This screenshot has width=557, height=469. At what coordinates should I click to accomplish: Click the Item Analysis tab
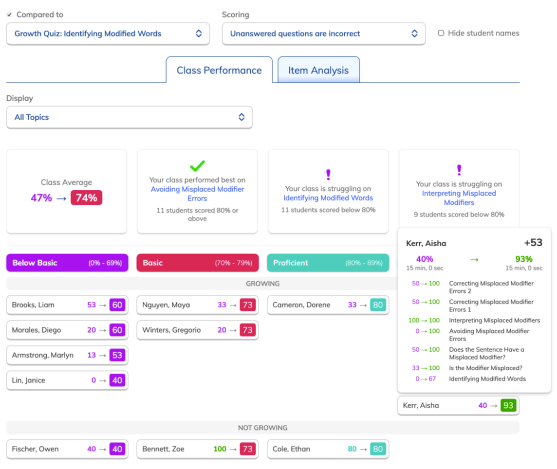click(x=318, y=70)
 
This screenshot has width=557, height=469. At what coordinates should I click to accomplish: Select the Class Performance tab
click(x=219, y=70)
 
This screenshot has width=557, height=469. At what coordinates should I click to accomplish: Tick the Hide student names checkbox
click(x=441, y=33)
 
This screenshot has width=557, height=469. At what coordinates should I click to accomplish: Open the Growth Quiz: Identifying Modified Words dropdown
click(x=108, y=34)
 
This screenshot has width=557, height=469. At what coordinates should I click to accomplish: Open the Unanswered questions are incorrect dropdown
click(x=324, y=34)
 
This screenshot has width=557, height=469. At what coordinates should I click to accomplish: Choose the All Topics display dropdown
click(x=130, y=117)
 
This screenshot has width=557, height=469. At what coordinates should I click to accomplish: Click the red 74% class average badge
click(x=86, y=198)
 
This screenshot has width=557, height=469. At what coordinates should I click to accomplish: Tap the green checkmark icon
click(x=197, y=166)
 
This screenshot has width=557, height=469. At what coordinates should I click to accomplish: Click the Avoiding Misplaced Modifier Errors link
click(x=197, y=194)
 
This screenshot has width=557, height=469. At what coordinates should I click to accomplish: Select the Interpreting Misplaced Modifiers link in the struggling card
click(x=459, y=198)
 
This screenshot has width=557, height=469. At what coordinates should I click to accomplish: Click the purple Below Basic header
click(x=67, y=263)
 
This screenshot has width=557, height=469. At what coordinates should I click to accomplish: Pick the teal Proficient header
click(x=328, y=263)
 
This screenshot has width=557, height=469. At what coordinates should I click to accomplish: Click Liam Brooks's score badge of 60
click(x=117, y=305)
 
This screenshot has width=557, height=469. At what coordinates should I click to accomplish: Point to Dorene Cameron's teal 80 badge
click(x=378, y=305)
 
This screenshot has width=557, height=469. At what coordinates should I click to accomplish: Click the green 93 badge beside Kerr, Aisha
click(x=508, y=405)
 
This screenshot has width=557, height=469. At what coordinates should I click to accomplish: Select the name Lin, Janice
click(x=28, y=380)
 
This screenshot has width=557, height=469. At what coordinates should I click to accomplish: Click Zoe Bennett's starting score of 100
click(x=220, y=449)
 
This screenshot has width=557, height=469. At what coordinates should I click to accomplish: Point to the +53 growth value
click(x=533, y=243)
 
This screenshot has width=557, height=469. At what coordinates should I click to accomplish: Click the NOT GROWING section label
click(x=263, y=428)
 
